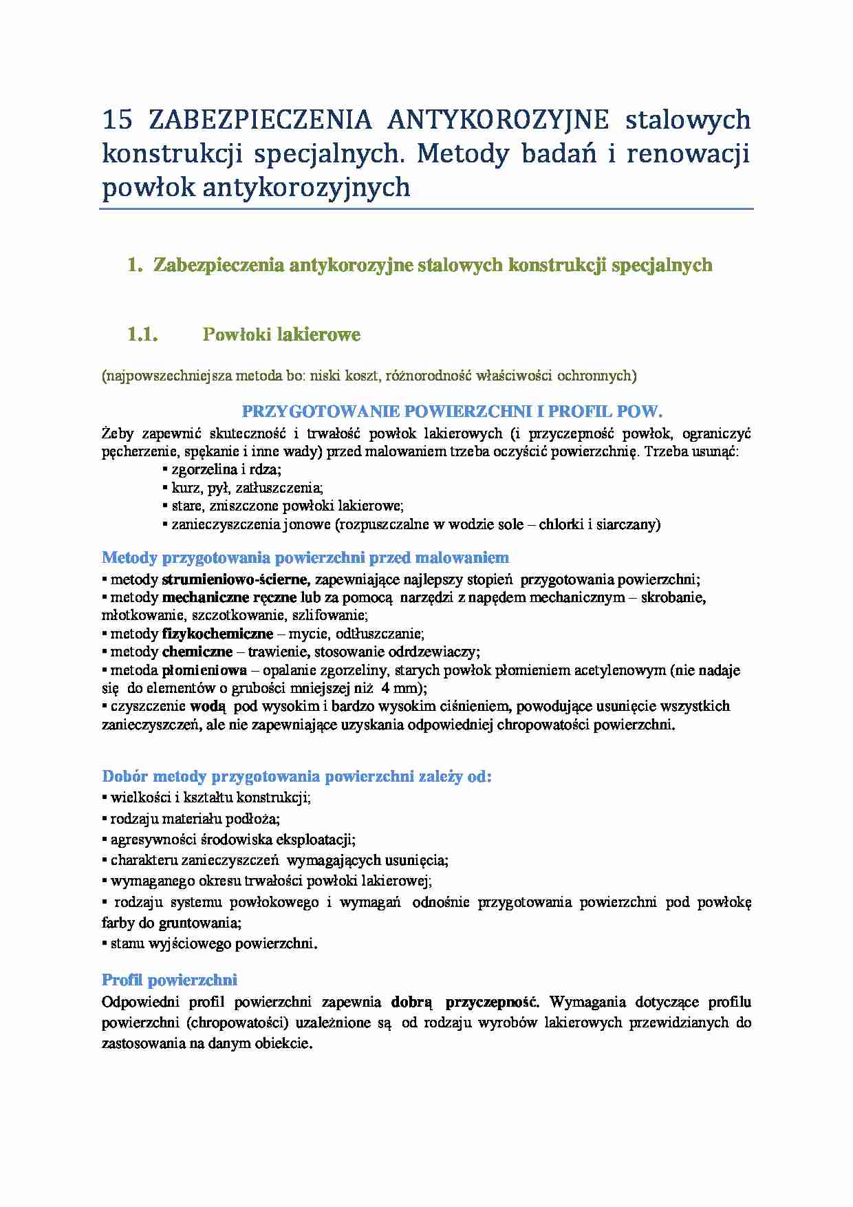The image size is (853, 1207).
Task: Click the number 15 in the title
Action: pos(117,120)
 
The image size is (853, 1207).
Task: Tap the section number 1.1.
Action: pos(143,335)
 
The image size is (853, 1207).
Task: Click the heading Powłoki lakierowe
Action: pos(281,335)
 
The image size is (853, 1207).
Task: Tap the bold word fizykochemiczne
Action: pos(217,634)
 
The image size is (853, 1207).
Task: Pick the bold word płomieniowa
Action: pos(204,670)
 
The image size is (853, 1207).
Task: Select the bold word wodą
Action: pos(208,706)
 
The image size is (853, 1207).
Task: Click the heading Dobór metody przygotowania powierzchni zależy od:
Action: pos(296,777)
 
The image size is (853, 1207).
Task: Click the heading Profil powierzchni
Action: pos(169,980)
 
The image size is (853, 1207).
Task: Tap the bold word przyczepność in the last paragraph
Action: pos(493,1002)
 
